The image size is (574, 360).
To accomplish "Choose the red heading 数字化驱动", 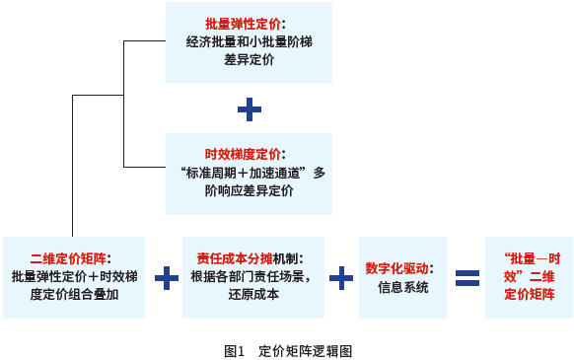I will (397, 268).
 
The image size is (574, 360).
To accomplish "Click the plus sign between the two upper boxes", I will (250, 108).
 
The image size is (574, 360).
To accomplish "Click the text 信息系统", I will (403, 288).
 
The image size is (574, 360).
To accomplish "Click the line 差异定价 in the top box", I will (249, 60).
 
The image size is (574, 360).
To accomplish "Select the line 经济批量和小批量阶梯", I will (249, 41).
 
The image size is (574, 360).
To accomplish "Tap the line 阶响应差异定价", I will (249, 190).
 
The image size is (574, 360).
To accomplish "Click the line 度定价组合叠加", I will (75, 294).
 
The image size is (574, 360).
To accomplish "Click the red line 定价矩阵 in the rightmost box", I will (530, 294).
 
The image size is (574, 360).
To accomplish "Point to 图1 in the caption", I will (234, 350).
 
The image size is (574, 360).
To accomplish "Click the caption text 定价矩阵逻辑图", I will (305, 350).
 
